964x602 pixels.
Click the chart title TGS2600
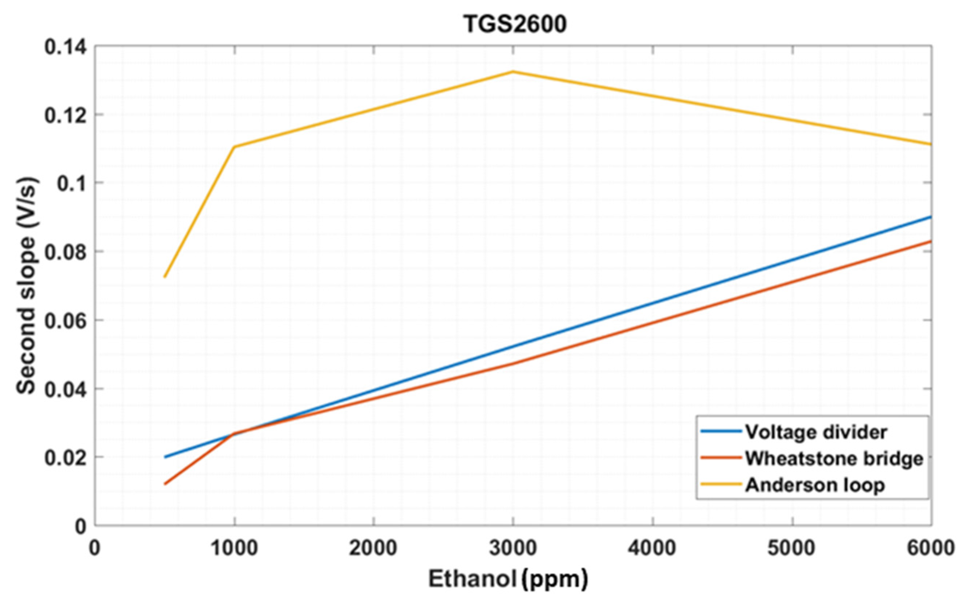click(x=515, y=25)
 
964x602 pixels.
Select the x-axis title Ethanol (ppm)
click(x=508, y=579)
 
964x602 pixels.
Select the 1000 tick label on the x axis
click(x=234, y=548)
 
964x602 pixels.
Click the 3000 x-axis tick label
click(x=513, y=548)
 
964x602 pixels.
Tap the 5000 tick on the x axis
click(x=792, y=548)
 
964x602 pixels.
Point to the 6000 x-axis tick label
click(x=931, y=548)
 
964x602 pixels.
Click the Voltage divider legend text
click(x=816, y=432)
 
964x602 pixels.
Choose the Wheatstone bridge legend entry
click(x=834, y=458)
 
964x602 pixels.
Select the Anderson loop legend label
click(x=815, y=484)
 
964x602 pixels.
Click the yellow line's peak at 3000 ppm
click(x=513, y=72)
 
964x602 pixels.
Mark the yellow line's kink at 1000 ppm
click(x=234, y=147)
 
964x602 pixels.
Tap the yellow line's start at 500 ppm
click(x=165, y=277)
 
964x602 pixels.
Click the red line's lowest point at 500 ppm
click(x=165, y=484)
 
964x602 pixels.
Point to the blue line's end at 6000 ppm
click(x=931, y=217)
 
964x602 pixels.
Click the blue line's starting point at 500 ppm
click(x=165, y=457)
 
